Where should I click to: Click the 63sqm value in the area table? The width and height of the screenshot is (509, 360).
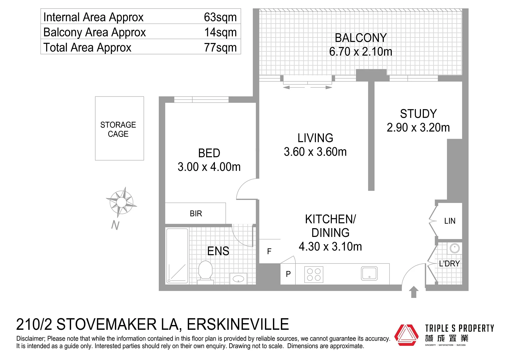(220, 17)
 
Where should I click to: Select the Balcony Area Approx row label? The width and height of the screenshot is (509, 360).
(94, 32)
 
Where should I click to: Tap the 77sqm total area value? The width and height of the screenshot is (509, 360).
(220, 47)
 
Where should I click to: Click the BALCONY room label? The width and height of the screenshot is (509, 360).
(361, 38)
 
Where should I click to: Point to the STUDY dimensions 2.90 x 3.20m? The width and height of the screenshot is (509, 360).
(418, 128)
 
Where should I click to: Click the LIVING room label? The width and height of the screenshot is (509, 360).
(315, 138)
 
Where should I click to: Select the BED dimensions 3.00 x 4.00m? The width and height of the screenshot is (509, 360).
(209, 167)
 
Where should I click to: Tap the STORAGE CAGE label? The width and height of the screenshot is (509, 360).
(118, 129)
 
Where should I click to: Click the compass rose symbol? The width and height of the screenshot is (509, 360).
(121, 202)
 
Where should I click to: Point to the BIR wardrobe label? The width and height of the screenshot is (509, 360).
(196, 214)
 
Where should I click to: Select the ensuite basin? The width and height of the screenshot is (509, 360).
(238, 279)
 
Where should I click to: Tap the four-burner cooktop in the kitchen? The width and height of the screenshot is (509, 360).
(314, 275)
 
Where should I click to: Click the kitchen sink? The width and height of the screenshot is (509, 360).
(369, 274)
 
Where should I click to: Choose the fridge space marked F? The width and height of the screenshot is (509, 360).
(269, 251)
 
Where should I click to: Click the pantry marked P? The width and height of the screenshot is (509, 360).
(288, 274)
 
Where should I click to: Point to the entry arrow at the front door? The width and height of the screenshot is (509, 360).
(414, 292)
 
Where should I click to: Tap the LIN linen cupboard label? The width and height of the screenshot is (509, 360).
(450, 221)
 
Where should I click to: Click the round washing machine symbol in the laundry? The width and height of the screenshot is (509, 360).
(455, 249)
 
